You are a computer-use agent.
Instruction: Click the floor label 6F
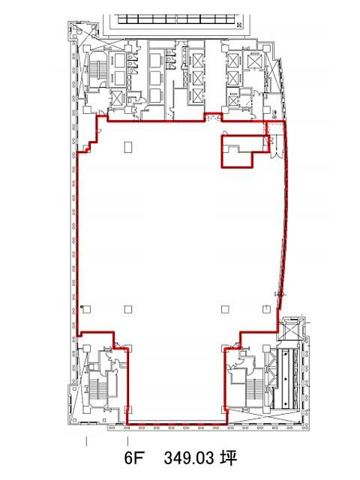click(133, 458)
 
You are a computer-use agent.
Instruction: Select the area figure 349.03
click(188, 458)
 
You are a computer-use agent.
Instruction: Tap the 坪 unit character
click(229, 458)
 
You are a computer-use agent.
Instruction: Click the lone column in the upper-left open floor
click(128, 147)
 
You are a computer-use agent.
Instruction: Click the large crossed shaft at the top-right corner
click(253, 61)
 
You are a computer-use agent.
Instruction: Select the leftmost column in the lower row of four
click(87, 309)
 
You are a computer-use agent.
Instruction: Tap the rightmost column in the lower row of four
click(267, 309)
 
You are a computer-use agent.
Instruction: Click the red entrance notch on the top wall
click(213, 117)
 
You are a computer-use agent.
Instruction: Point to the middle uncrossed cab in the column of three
click(156, 77)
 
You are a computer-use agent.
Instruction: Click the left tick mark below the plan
click(87, 441)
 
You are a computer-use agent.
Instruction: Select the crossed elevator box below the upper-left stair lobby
click(117, 98)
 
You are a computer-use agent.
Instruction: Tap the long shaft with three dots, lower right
click(285, 379)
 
